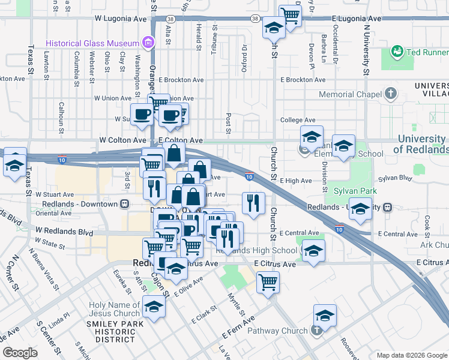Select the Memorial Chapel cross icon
click(391, 94)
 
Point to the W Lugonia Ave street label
click(121, 19)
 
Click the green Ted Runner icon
click(397, 52)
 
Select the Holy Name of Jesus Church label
click(114, 309)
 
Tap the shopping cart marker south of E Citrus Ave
click(268, 281)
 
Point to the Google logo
click(20, 352)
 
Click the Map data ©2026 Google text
click(411, 355)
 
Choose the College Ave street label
click(298, 120)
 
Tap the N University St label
click(366, 45)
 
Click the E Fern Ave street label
click(238, 327)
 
